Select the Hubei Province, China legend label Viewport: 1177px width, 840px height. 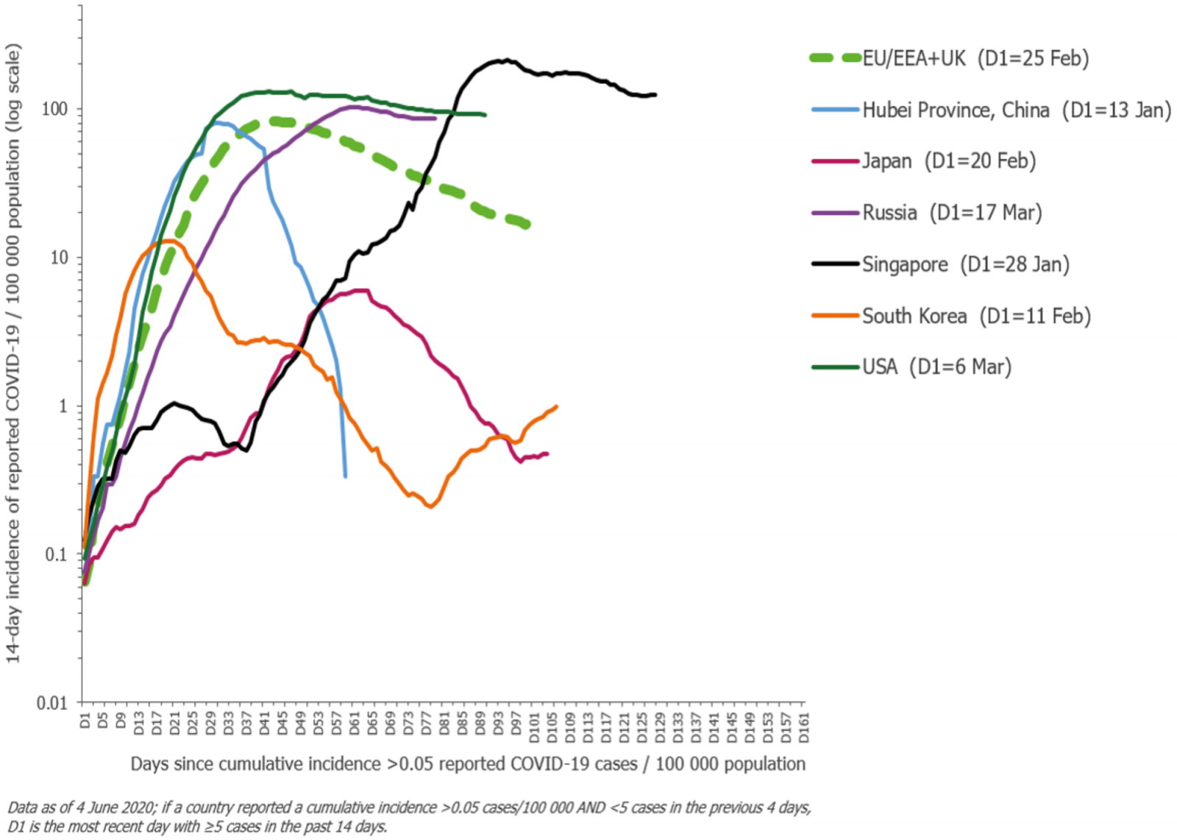[x=1016, y=110]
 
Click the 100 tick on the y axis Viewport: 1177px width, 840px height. [x=54, y=109]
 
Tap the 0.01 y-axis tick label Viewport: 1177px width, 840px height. [x=51, y=703]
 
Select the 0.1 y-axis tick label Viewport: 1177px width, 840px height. [x=56, y=554]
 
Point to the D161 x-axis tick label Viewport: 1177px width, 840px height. [x=803, y=727]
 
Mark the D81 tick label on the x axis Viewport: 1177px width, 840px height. [x=444, y=724]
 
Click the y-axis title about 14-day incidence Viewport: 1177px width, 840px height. [x=13, y=353]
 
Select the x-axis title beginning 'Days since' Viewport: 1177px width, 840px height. [x=468, y=764]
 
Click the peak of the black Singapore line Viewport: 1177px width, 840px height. [x=505, y=60]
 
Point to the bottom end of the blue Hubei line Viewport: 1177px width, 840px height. [x=345, y=476]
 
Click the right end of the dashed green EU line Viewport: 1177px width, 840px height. [x=527, y=225]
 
